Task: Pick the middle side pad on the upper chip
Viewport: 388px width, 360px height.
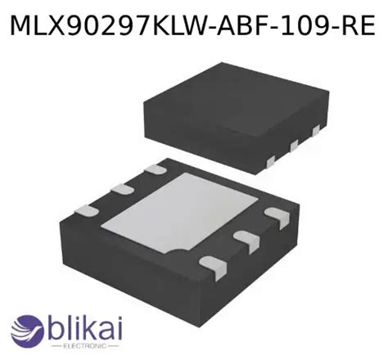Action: click(294, 146)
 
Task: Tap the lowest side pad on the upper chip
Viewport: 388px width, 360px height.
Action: click(270, 162)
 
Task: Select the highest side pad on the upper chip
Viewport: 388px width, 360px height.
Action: click(316, 130)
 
